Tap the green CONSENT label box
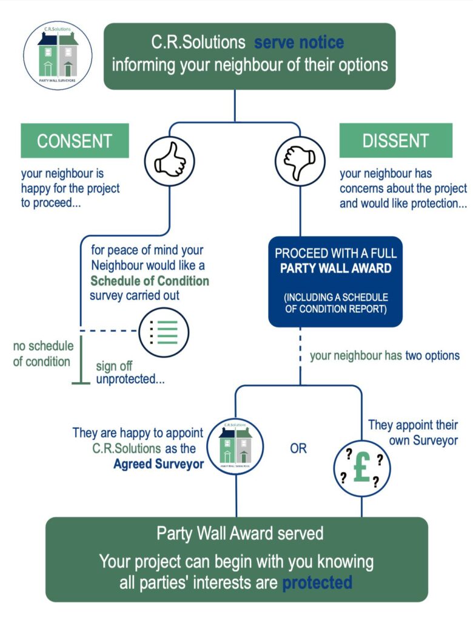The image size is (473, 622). pyautogui.click(x=75, y=141)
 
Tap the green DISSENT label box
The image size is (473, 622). pyautogui.click(x=395, y=141)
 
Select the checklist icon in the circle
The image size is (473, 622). pyautogui.click(x=164, y=332)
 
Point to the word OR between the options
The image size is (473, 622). pyautogui.click(x=298, y=449)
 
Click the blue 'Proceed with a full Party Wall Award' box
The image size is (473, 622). pyautogui.click(x=335, y=281)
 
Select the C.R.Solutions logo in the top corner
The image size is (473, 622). pyautogui.click(x=58, y=54)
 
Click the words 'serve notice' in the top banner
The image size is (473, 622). pyautogui.click(x=299, y=43)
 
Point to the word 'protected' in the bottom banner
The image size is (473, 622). pyautogui.click(x=317, y=583)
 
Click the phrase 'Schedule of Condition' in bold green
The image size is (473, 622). pyautogui.click(x=150, y=281)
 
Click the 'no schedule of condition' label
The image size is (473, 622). pyautogui.click(x=43, y=354)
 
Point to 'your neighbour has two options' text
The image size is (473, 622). pyautogui.click(x=384, y=355)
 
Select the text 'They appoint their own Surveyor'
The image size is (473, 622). pyautogui.click(x=414, y=432)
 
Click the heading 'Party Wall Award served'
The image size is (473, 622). pyautogui.click(x=240, y=533)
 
